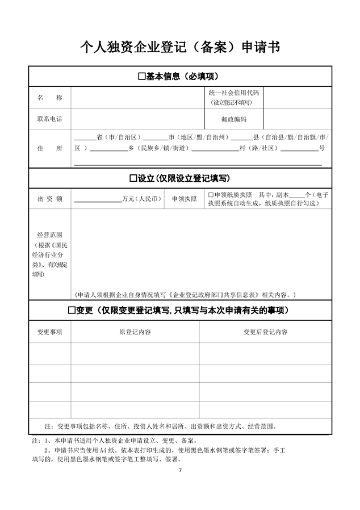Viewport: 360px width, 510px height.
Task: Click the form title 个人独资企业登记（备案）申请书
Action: coord(180,47)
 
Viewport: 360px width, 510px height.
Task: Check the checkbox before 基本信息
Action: coord(142,77)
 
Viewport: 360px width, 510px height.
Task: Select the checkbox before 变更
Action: coord(72,311)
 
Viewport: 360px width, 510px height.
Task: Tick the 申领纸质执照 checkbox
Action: coord(210,195)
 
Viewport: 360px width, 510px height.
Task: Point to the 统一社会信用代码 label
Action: coord(233,93)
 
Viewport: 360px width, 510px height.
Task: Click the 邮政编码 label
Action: coord(233,119)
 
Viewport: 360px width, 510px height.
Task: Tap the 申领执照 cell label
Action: coord(185,199)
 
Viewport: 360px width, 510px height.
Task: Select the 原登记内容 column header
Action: coord(135,332)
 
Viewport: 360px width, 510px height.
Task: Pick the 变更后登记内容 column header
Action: coord(265,332)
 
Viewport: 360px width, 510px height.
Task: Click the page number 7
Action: coord(180,471)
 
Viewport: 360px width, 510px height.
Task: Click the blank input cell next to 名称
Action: coord(137,98)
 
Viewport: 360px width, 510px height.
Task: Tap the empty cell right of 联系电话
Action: coord(137,119)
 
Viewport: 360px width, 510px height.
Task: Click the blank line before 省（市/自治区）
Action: coord(85,138)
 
